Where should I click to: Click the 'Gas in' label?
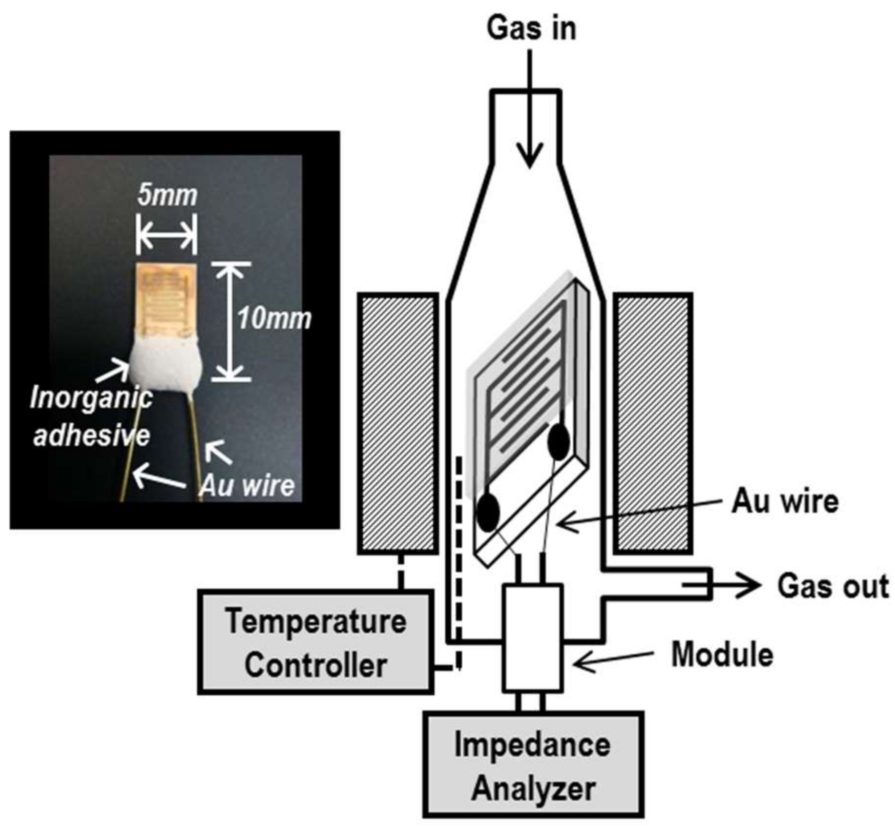click(531, 28)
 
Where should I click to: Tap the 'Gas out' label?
click(833, 586)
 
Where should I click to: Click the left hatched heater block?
click(398, 424)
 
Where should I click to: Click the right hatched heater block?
click(653, 424)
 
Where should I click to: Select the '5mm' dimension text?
click(167, 196)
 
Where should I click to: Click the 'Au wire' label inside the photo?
click(248, 486)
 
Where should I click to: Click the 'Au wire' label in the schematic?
click(784, 501)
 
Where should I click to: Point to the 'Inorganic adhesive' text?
click(91, 416)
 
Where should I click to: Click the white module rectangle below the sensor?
click(533, 637)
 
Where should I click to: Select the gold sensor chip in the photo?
click(167, 300)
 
